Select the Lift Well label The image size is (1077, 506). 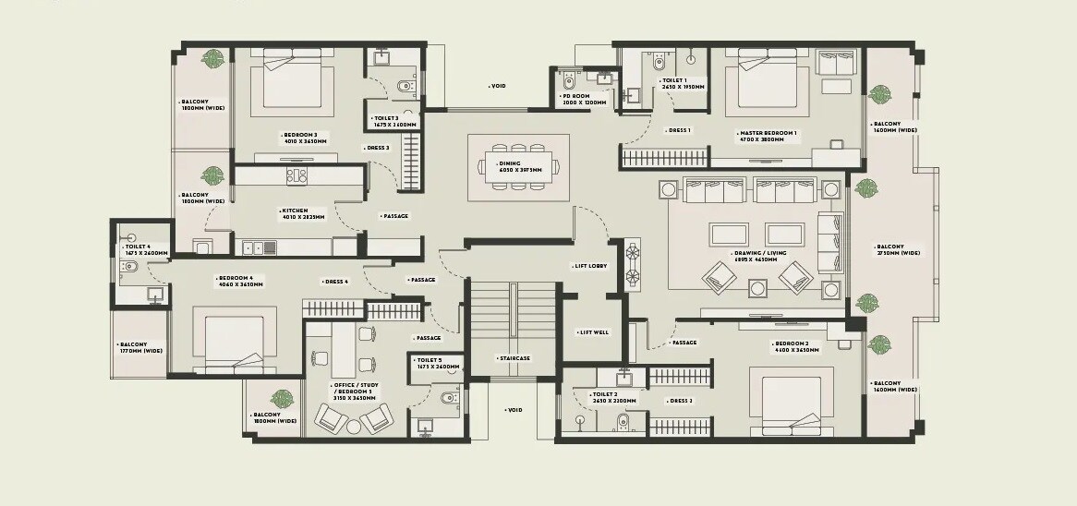click(593, 332)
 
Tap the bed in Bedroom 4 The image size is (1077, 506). click(236, 342)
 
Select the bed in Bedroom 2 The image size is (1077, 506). click(788, 404)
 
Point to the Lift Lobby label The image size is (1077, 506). click(590, 266)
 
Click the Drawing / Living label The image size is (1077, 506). click(755, 256)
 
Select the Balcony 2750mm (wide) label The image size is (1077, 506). click(896, 249)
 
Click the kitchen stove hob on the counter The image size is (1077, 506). click(296, 175)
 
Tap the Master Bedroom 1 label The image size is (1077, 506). click(768, 136)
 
